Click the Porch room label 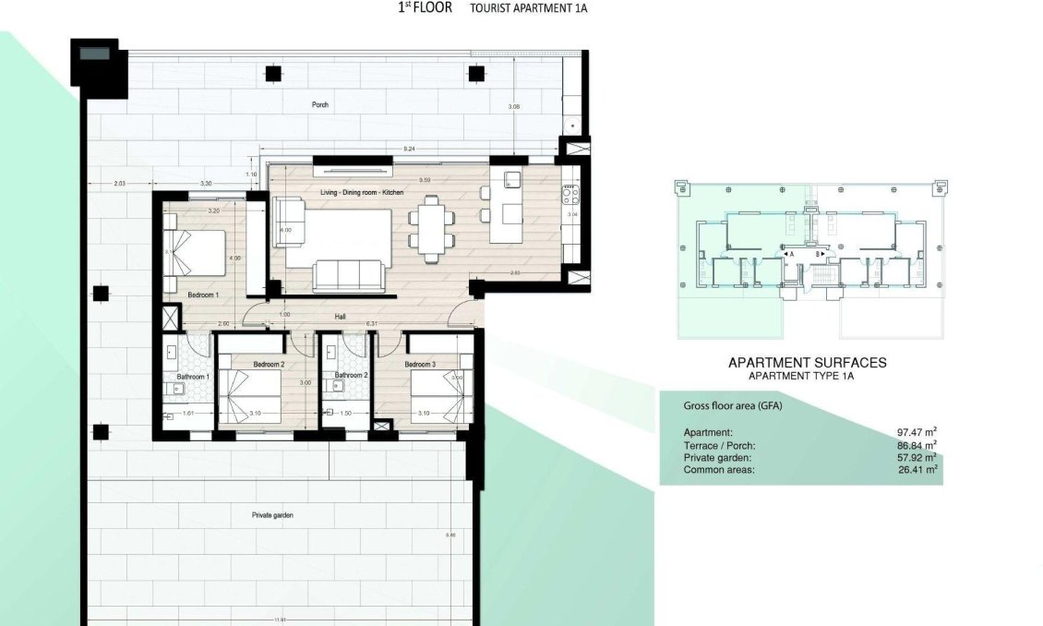319,104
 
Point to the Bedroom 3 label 420,365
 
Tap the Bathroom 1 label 195,377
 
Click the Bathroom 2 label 352,376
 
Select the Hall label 341,316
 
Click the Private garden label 272,515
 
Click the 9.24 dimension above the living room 408,148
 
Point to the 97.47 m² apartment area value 917,432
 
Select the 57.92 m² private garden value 917,457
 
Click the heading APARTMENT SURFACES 807,363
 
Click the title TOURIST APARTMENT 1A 528,8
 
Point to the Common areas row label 719,470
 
